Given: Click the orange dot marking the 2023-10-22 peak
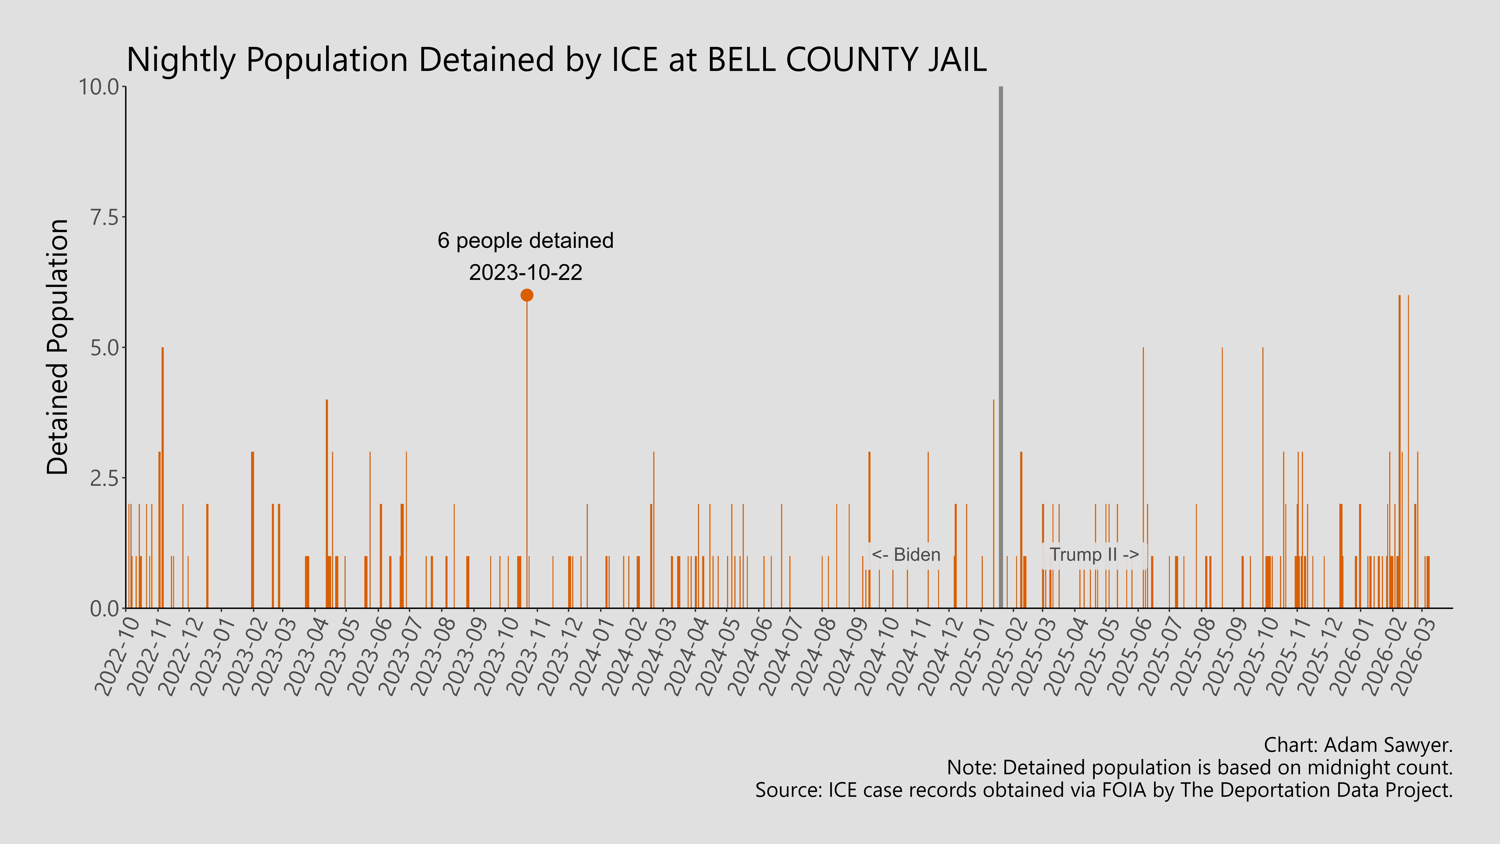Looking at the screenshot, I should click(526, 295).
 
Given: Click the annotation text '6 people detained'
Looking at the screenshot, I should click(525, 241).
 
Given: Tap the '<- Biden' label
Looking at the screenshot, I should click(906, 555).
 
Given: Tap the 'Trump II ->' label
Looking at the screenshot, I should click(1094, 555).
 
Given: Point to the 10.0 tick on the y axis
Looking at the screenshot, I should click(102, 87).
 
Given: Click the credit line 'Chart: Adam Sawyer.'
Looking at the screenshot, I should click(1358, 745).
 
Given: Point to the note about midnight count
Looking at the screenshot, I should click(1200, 768).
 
